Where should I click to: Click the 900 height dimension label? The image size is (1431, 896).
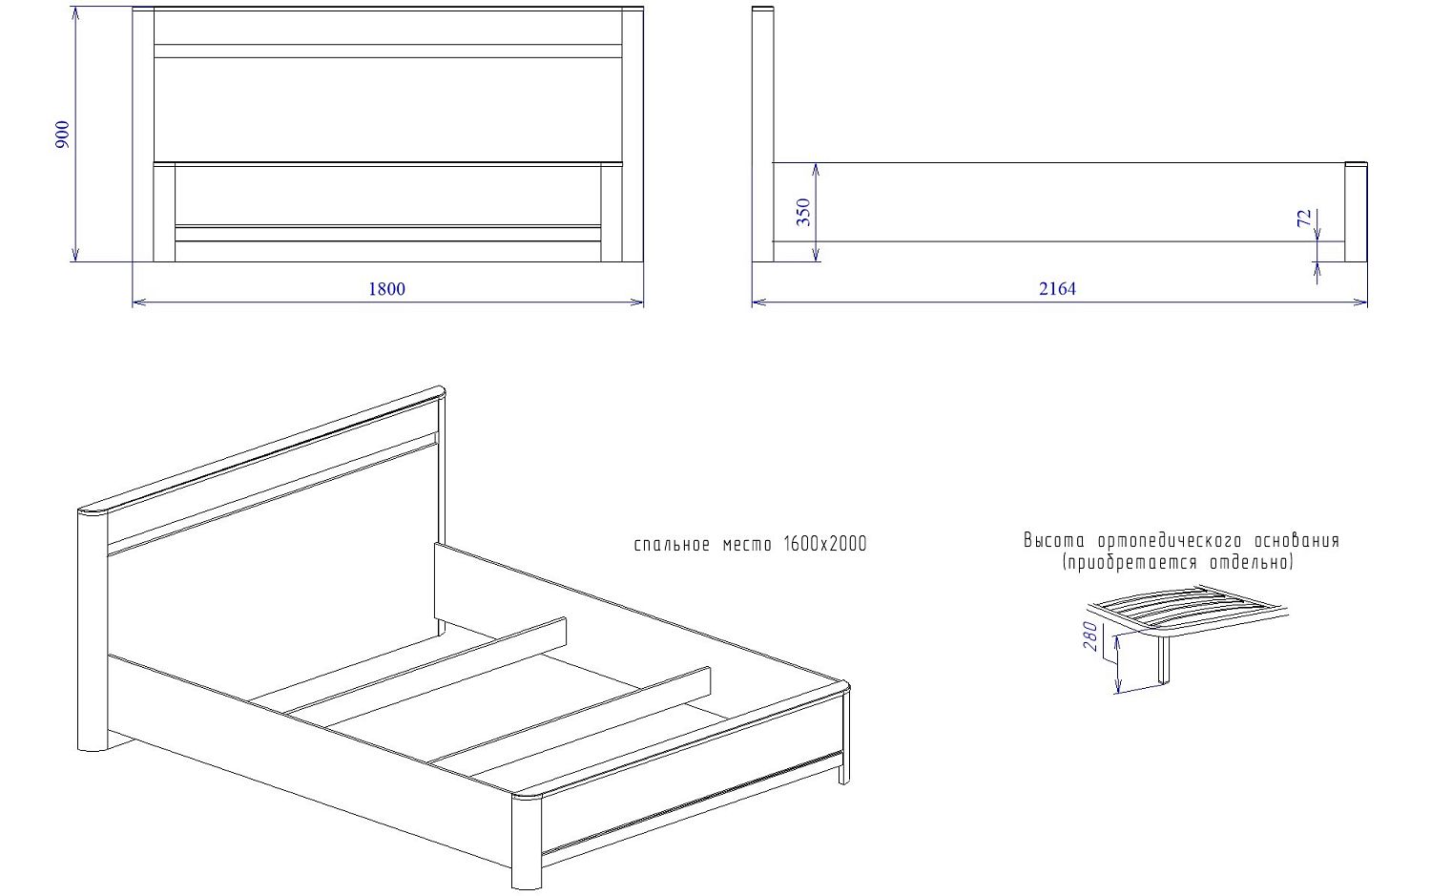pyautogui.click(x=63, y=135)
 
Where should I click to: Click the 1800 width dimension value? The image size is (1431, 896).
pyautogui.click(x=386, y=289)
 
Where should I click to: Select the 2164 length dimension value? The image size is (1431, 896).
pyautogui.click(x=1057, y=289)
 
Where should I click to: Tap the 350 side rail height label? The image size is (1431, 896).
pyautogui.click(x=803, y=212)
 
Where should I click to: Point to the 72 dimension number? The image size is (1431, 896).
pyautogui.click(x=1304, y=218)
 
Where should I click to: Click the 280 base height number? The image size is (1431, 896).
pyautogui.click(x=1090, y=636)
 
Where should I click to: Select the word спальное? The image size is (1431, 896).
pyautogui.click(x=672, y=545)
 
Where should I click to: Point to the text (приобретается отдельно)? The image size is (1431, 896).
pyautogui.click(x=1178, y=563)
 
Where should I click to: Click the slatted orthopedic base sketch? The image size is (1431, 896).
pyautogui.click(x=1187, y=633)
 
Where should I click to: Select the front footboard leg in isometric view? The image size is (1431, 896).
pyautogui.click(x=527, y=841)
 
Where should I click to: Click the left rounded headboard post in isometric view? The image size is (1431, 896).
pyautogui.click(x=93, y=630)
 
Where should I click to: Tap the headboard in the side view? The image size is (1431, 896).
pyautogui.click(x=763, y=135)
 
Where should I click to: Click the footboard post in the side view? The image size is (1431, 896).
pyautogui.click(x=1356, y=212)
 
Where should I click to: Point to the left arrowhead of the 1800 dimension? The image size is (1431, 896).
pyautogui.click(x=138, y=302)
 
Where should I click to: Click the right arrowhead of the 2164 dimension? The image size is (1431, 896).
pyautogui.click(x=1360, y=302)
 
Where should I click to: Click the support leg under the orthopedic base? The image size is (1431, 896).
pyautogui.click(x=1165, y=660)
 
